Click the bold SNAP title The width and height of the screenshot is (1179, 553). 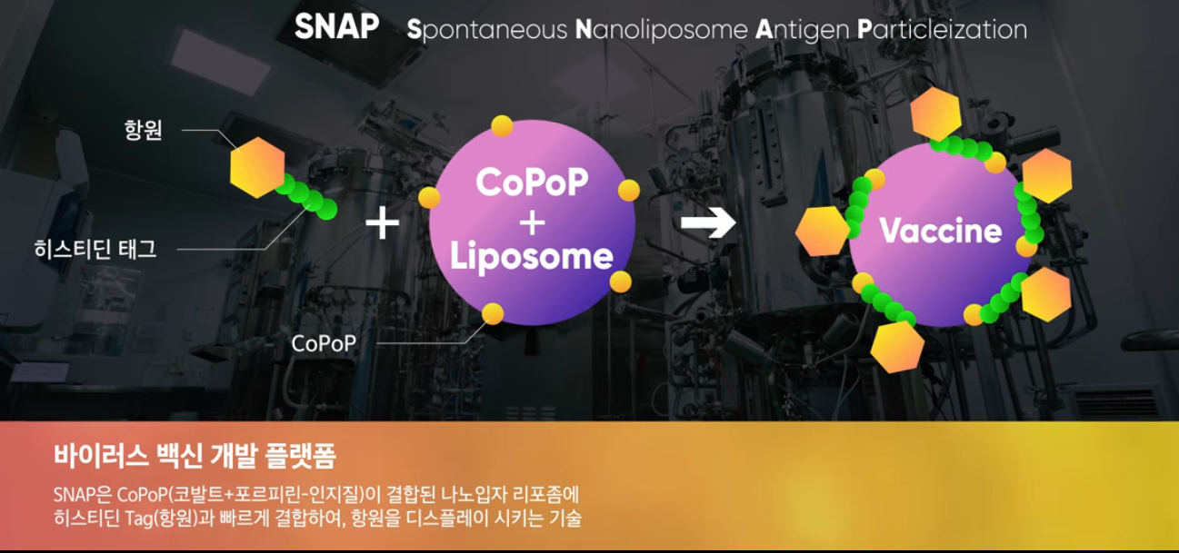pyautogui.click(x=336, y=26)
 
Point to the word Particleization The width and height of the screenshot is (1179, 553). pyautogui.click(x=942, y=29)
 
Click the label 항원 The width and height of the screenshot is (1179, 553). pyautogui.click(x=143, y=130)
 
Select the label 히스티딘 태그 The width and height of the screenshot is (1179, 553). pyautogui.click(x=95, y=249)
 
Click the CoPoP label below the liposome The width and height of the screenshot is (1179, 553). pyautogui.click(x=324, y=344)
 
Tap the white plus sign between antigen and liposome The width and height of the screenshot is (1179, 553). pyautogui.click(x=382, y=222)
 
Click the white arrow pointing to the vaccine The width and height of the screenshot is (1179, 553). pyautogui.click(x=708, y=222)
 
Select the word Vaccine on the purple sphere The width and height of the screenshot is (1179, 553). pyautogui.click(x=941, y=231)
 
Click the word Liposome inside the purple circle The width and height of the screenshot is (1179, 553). pyautogui.click(x=532, y=257)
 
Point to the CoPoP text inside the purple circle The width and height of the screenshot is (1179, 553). pyautogui.click(x=532, y=182)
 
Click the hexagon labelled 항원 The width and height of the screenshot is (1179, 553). pyautogui.click(x=257, y=168)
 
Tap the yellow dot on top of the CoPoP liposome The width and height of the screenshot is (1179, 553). pyautogui.click(x=502, y=126)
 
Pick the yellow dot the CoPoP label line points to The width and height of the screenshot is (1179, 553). pyautogui.click(x=493, y=314)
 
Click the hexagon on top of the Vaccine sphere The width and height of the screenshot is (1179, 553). pyautogui.click(x=935, y=114)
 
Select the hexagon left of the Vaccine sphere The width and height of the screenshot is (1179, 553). pyautogui.click(x=822, y=232)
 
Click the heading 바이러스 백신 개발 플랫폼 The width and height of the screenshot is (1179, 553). pyautogui.click(x=195, y=456)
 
